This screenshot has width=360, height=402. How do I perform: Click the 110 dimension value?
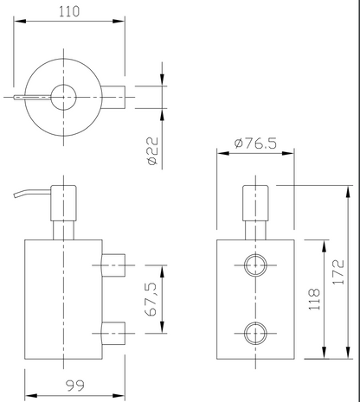pyautogui.click(x=69, y=11)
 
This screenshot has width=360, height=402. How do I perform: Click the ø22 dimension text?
pyautogui.click(x=152, y=150)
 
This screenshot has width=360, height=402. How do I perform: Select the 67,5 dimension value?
pyautogui.click(x=151, y=299)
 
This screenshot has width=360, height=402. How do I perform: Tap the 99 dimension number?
pyautogui.click(x=75, y=386)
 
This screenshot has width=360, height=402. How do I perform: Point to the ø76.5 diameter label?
pyautogui.click(x=255, y=144)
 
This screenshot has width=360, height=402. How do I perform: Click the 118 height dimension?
pyautogui.click(x=314, y=299)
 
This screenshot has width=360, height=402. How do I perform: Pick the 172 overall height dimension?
pyautogui.click(x=338, y=272)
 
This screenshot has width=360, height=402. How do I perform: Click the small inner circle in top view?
pyautogui.click(x=63, y=98)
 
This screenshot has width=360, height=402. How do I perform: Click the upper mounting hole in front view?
pyautogui.click(x=255, y=265)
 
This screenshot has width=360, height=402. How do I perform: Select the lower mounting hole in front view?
pyautogui.click(x=255, y=334)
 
